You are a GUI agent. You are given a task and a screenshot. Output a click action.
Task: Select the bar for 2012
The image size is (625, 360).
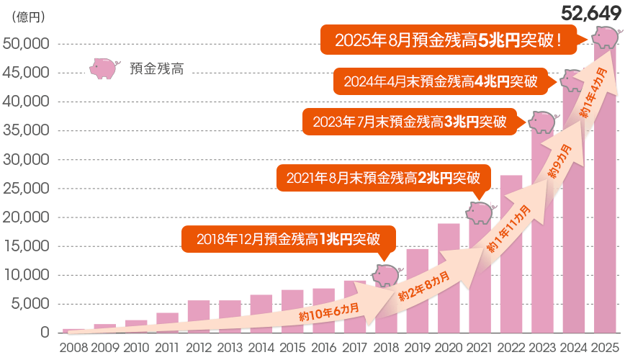199,317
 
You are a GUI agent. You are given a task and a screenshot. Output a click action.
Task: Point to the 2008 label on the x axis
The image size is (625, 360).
74,348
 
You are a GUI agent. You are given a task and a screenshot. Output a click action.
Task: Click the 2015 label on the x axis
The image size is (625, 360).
292,348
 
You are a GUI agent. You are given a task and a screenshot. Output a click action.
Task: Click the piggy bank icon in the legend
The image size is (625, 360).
104,68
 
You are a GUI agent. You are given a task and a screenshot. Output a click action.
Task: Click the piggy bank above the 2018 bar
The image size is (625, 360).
386,274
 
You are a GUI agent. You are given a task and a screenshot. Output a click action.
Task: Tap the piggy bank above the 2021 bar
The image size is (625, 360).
480,212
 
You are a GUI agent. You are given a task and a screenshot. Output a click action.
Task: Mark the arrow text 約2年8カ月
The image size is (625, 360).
425,286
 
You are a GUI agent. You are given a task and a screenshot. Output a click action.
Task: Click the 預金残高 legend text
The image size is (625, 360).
156,69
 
